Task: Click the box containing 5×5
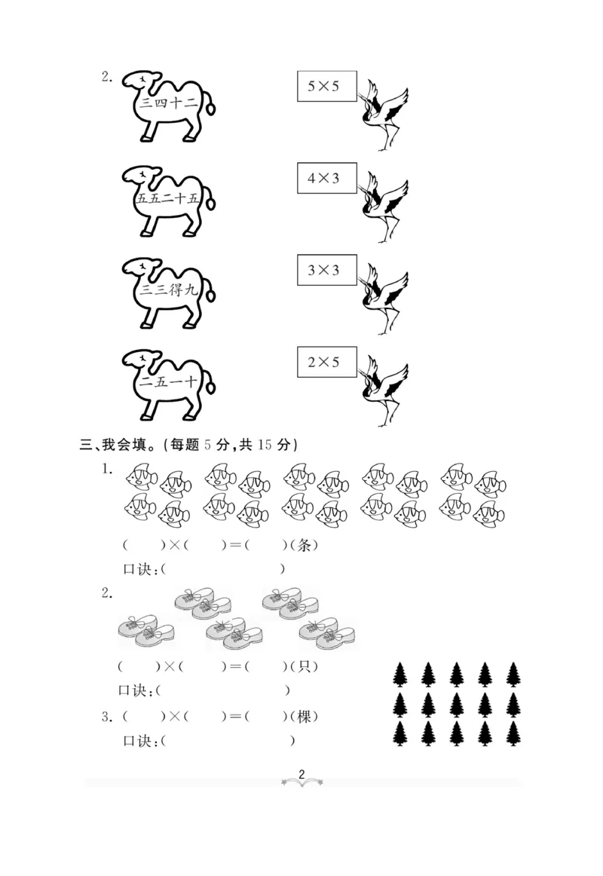pyautogui.click(x=323, y=87)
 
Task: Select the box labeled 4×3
pyautogui.click(x=323, y=179)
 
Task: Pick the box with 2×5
pyautogui.click(x=323, y=363)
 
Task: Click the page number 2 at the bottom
pyautogui.click(x=301, y=774)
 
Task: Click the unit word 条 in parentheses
pyautogui.click(x=305, y=545)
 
